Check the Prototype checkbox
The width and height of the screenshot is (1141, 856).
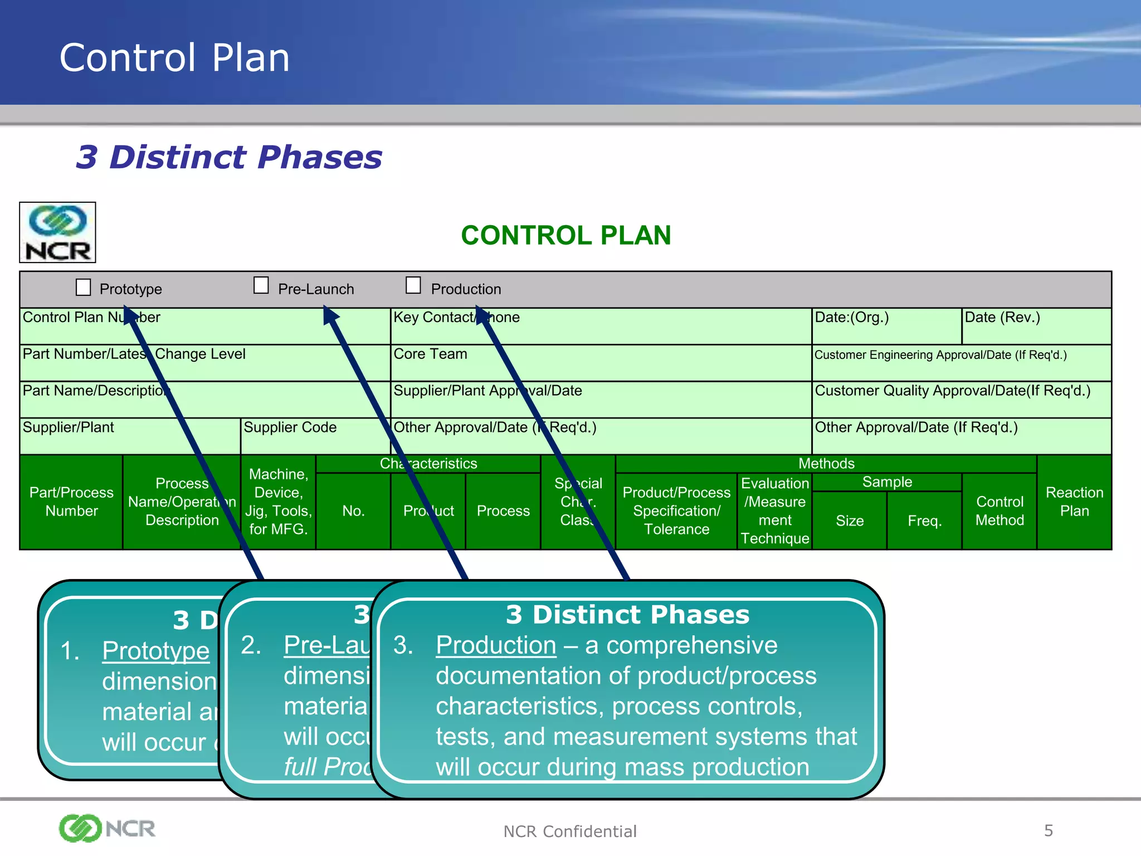click(x=84, y=288)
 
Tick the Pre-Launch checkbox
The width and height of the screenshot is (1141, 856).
click(x=261, y=285)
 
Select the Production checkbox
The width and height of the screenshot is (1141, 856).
click(x=413, y=285)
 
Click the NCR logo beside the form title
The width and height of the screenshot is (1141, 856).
click(x=58, y=232)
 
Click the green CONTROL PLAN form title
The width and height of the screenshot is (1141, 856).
click(x=565, y=235)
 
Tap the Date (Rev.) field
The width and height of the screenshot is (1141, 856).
click(x=1036, y=326)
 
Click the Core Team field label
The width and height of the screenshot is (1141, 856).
click(x=431, y=354)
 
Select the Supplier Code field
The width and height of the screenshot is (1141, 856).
click(x=315, y=436)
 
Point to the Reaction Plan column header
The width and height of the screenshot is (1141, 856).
click(x=1074, y=502)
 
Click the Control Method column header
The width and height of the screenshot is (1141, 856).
click(x=999, y=510)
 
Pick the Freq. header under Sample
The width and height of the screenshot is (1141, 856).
click(x=924, y=521)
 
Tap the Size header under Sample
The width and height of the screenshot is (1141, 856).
click(x=850, y=521)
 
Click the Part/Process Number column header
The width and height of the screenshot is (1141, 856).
click(x=71, y=502)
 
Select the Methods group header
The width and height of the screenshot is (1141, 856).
click(x=826, y=464)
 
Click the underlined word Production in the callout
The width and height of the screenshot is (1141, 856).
click(x=496, y=645)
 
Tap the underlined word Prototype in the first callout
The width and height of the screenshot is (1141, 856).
click(x=155, y=651)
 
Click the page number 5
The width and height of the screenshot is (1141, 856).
click(x=1048, y=830)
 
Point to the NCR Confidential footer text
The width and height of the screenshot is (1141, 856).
click(x=569, y=831)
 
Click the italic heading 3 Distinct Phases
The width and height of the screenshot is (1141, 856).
click(x=229, y=157)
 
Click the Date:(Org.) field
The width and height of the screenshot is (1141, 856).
click(x=886, y=326)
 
